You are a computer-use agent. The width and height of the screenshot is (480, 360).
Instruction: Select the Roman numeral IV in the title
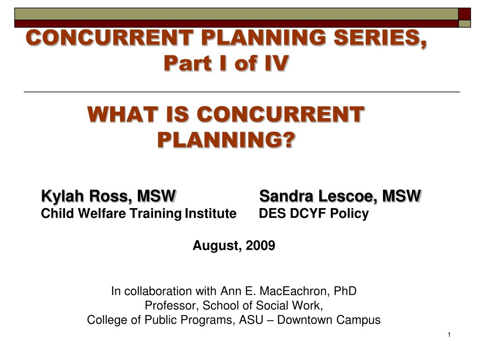(x=277, y=63)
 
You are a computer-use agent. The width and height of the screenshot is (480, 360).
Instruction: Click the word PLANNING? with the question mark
(x=226, y=140)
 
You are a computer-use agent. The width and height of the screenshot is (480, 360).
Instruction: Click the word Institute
(x=210, y=213)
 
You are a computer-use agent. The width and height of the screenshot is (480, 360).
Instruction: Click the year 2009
(x=260, y=246)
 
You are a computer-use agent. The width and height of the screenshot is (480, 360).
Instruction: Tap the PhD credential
(x=345, y=291)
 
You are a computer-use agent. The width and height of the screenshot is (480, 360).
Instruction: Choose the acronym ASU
(x=251, y=320)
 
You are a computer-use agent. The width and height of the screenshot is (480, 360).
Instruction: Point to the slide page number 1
(x=449, y=335)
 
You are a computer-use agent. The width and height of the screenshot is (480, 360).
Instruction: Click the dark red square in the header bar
(x=465, y=14)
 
